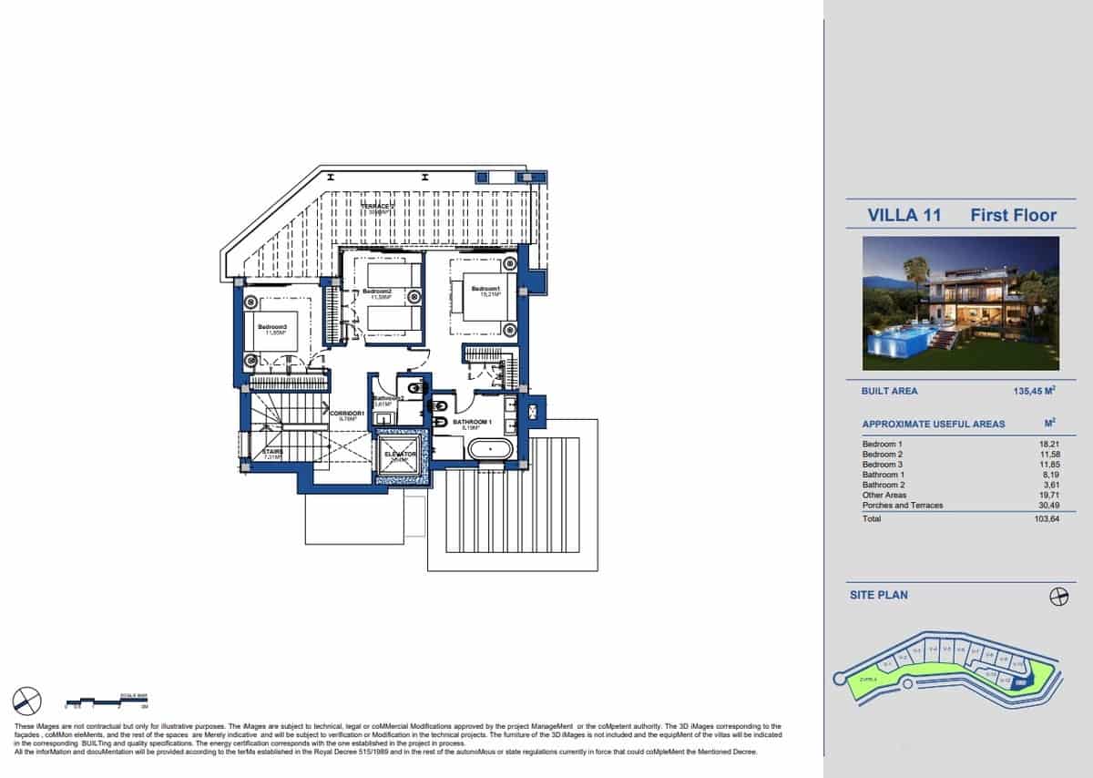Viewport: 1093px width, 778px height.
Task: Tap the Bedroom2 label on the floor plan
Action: click(377, 292)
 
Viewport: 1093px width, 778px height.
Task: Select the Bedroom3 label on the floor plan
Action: click(271, 328)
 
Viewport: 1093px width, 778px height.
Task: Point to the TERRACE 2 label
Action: click(378, 208)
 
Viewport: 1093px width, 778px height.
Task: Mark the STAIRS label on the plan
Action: click(273, 452)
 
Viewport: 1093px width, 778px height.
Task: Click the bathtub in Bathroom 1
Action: click(490, 449)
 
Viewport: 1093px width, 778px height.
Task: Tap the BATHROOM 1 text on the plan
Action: click(472, 423)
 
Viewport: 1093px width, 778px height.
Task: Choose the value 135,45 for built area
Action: click(1033, 391)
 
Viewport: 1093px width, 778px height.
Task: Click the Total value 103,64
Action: click(1047, 518)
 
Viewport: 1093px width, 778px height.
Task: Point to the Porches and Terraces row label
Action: click(903, 505)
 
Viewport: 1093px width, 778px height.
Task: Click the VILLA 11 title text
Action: click(904, 215)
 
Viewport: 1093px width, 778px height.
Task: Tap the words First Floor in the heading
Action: click(1013, 215)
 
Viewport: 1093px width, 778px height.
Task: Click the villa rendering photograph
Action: click(961, 302)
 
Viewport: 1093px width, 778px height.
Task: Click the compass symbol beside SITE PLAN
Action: click(1058, 596)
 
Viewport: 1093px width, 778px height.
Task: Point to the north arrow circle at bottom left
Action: click(27, 701)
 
